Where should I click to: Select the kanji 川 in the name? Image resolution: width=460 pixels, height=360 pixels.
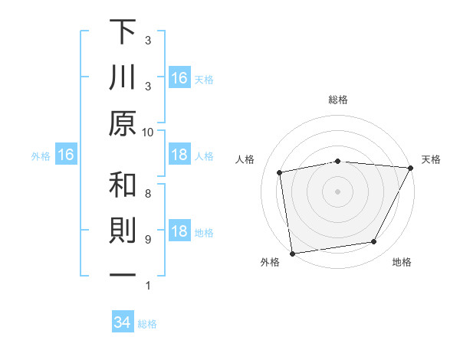pyautogui.click(x=123, y=77)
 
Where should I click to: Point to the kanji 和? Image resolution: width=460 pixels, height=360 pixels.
pyautogui.click(x=123, y=185)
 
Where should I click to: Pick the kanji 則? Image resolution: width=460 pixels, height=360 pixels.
pyautogui.click(x=123, y=232)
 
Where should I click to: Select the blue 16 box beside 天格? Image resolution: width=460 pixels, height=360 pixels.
pyautogui.click(x=179, y=77)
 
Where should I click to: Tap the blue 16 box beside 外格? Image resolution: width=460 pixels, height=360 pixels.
pyautogui.click(x=66, y=155)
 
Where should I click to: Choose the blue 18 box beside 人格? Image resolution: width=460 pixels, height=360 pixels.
pyautogui.click(x=179, y=155)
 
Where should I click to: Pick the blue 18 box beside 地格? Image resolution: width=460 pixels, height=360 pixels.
pyautogui.click(x=179, y=232)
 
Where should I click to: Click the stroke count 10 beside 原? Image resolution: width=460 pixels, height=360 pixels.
pyautogui.click(x=148, y=132)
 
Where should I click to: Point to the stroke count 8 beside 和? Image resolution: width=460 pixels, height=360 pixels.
pyautogui.click(x=148, y=193)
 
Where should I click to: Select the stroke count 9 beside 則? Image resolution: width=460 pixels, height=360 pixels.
pyautogui.click(x=148, y=240)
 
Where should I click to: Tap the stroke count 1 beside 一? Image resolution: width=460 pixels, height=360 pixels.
pyautogui.click(x=148, y=286)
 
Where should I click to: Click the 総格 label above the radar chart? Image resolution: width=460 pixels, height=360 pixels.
pyautogui.click(x=337, y=100)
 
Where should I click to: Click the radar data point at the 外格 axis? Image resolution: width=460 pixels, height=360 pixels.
pyautogui.click(x=292, y=253)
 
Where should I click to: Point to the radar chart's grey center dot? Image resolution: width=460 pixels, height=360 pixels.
pyautogui.click(x=337, y=191)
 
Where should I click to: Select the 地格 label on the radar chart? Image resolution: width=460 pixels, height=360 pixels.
pyautogui.click(x=402, y=263)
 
